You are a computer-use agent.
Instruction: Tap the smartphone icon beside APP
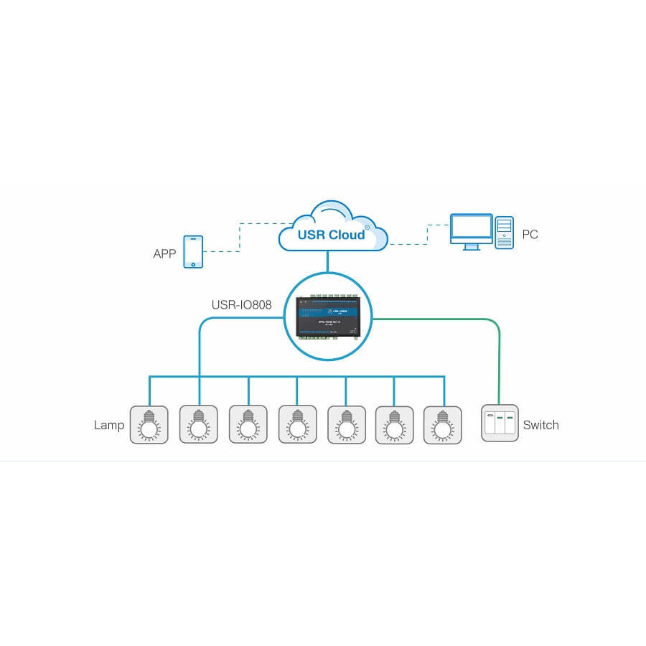click(193, 251)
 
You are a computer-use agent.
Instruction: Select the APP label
click(164, 254)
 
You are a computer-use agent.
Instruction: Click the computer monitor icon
click(471, 231)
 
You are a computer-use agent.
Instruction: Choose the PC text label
click(530, 235)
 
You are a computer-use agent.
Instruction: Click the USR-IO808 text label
click(241, 305)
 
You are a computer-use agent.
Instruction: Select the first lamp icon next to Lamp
click(149, 425)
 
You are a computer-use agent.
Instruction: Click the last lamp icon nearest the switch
click(442, 425)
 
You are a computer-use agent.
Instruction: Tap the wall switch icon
click(500, 423)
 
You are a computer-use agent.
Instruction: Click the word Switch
click(540, 425)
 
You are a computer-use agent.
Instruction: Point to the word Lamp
click(109, 425)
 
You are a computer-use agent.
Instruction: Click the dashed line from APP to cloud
click(240, 237)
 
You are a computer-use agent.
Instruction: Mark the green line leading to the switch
click(498, 359)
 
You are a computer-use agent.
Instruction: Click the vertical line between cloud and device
click(327, 261)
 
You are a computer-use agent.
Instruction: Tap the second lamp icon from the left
click(198, 425)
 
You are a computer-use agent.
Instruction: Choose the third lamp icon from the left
click(248, 425)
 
